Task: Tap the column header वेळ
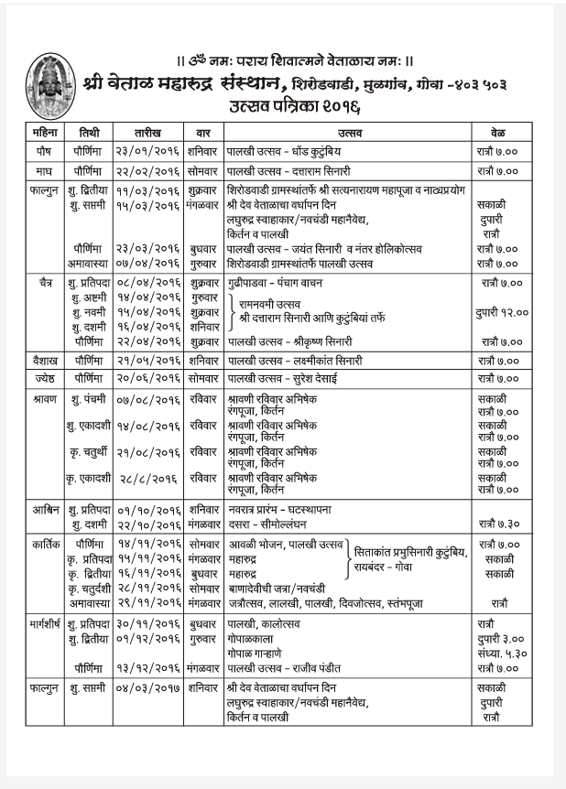tap(500, 131)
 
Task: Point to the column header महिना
tap(44, 131)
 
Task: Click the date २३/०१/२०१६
tap(148, 147)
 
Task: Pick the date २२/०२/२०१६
tap(148, 170)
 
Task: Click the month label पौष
tap(44, 147)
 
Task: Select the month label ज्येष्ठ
tap(44, 377)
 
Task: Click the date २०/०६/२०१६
tap(148, 377)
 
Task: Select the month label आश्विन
tap(44, 508)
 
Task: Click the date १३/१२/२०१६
tap(148, 669)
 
